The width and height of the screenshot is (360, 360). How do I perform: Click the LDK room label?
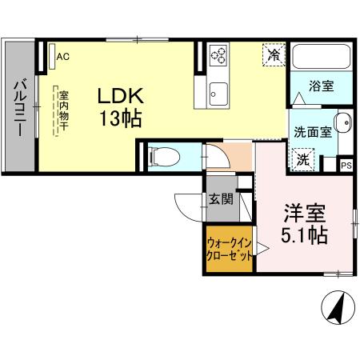coord(119,96)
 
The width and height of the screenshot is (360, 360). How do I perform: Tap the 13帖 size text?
coord(121,120)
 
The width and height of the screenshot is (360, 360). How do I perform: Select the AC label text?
coord(63,56)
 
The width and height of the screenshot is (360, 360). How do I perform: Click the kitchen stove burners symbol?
coord(219,55)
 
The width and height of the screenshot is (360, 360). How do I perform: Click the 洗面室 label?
coord(310,132)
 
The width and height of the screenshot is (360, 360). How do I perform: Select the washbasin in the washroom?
coord(341,126)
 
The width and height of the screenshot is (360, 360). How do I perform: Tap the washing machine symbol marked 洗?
coord(304,158)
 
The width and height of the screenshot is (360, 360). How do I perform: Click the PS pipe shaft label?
coord(346,166)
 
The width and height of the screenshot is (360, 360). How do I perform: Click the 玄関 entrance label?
coord(221,198)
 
